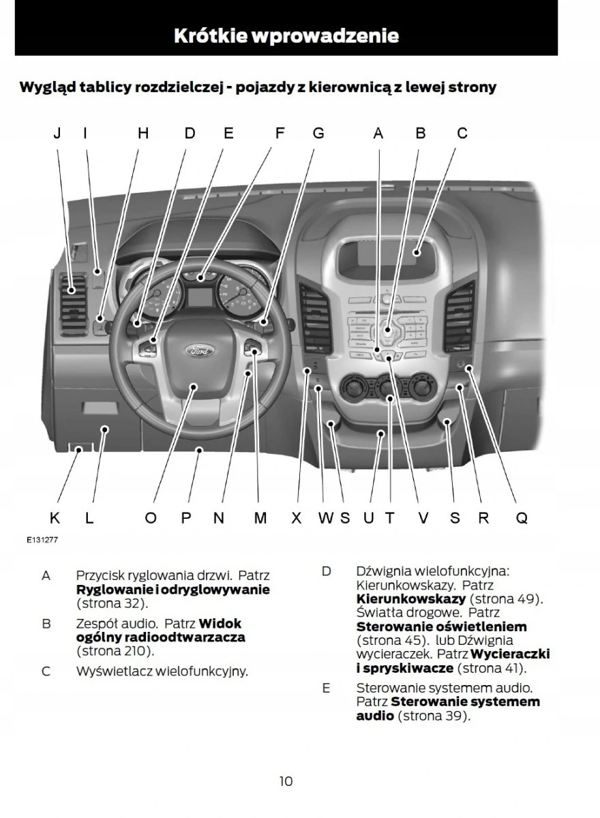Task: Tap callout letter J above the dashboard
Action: [57, 134]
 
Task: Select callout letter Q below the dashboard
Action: [521, 518]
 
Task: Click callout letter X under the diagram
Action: [296, 518]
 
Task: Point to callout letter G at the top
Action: [318, 134]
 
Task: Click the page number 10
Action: [286, 781]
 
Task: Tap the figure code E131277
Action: [42, 539]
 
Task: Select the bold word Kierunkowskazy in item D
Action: [411, 599]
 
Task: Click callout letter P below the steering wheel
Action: [185, 518]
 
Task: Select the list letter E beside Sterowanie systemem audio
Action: [326, 688]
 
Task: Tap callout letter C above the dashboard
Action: [462, 134]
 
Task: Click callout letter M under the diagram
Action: [260, 518]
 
